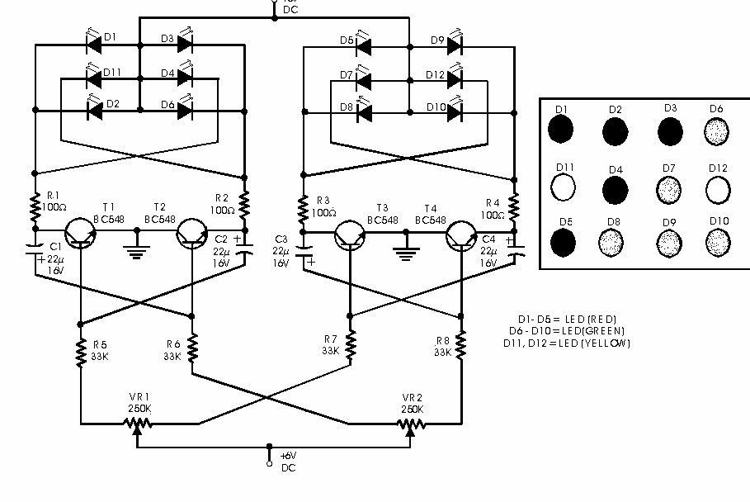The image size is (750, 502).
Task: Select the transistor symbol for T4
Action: point(460,234)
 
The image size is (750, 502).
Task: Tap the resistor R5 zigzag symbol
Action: point(81,354)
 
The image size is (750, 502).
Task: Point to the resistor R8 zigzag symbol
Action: point(460,343)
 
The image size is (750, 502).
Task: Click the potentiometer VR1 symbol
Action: point(137,424)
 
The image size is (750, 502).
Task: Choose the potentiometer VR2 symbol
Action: point(410,424)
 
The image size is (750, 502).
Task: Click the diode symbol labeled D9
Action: point(453,45)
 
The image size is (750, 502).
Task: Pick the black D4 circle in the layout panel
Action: point(616,190)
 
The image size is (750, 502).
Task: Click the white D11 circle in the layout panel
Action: point(564,189)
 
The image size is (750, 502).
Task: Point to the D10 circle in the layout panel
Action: point(719,241)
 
